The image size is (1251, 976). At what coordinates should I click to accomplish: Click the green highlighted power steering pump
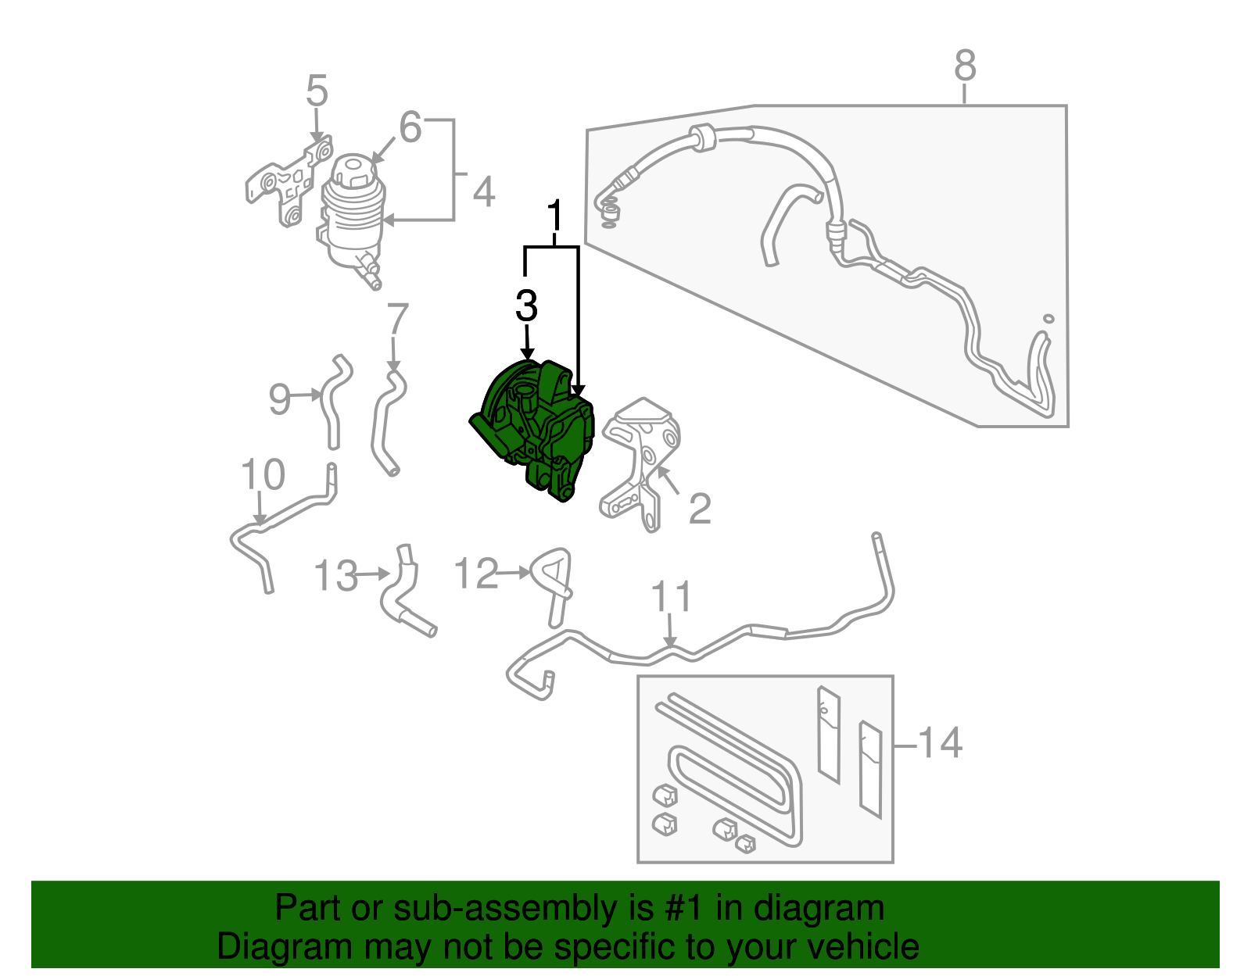tap(536, 430)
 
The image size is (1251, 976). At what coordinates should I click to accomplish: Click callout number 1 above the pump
tap(554, 216)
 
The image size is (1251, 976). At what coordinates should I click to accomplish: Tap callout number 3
tap(527, 306)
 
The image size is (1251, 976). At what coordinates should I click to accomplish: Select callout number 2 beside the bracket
tap(700, 509)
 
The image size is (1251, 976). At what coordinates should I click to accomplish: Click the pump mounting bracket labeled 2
tap(641, 461)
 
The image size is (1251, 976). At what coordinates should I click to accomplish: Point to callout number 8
tap(965, 66)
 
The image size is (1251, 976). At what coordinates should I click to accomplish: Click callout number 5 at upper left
tap(317, 91)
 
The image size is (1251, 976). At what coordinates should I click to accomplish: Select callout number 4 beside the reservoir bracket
tap(484, 192)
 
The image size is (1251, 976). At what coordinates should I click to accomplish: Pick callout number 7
tap(398, 320)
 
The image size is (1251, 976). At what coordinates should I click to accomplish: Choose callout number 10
tap(263, 475)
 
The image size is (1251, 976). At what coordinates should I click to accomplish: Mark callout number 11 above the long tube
tap(672, 598)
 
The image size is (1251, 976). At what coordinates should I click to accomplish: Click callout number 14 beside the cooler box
tap(939, 742)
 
